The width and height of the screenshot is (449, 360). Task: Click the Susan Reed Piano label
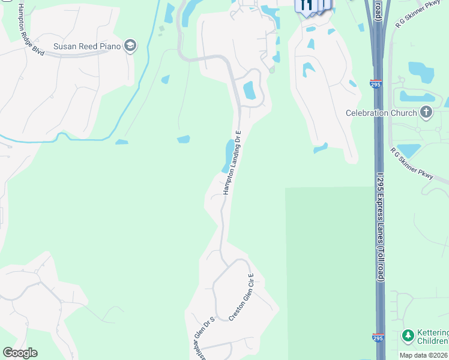(x=88, y=46)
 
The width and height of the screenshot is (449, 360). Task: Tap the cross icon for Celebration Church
(x=426, y=112)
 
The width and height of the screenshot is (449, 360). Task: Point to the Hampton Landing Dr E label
(x=232, y=162)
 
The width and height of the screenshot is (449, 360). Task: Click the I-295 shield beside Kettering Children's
(x=378, y=338)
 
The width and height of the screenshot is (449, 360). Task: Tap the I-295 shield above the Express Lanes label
(x=376, y=85)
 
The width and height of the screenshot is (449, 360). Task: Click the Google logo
(x=20, y=353)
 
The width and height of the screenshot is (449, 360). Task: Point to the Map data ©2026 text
(x=424, y=355)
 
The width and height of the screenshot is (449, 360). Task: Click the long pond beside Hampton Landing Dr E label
(x=228, y=155)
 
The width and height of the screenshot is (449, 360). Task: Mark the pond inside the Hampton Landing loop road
(x=249, y=91)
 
